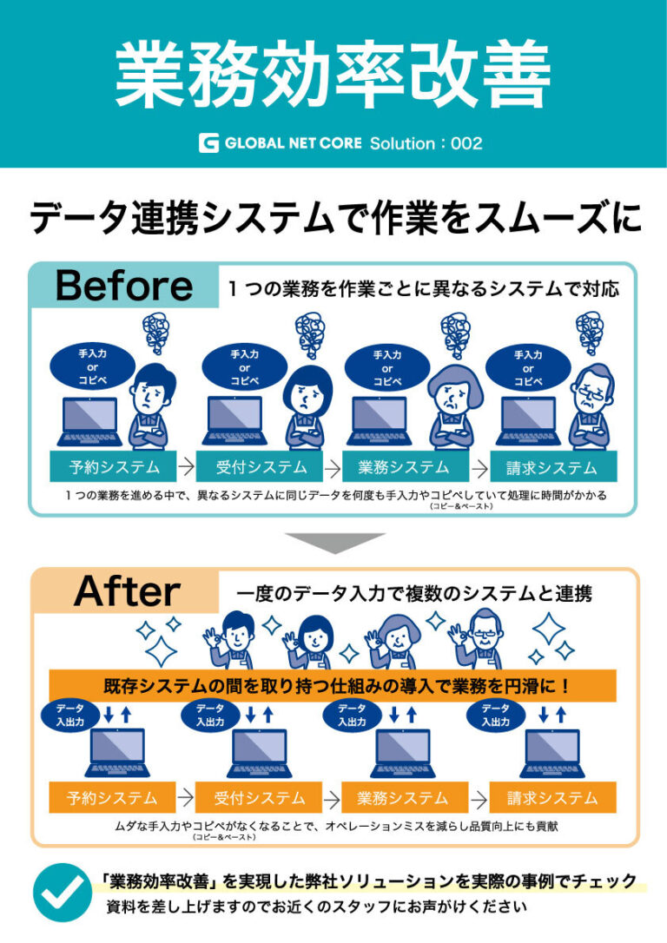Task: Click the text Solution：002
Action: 426,143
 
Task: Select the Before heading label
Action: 123,286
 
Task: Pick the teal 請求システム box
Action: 552,467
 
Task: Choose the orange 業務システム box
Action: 405,797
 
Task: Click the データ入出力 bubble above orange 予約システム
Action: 69,715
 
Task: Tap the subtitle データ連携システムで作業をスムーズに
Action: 334,217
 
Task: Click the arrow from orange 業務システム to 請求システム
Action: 479,797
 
